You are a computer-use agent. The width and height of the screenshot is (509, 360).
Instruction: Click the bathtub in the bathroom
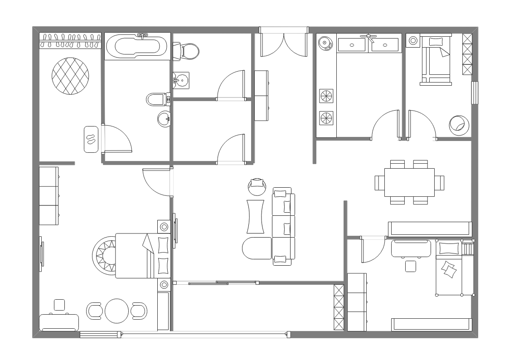[137, 46]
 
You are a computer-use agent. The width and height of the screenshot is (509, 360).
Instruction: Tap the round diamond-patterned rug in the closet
[70, 76]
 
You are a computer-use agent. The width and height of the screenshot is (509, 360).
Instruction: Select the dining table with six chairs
[409, 182]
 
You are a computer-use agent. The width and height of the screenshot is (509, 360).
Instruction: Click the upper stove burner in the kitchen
[326, 96]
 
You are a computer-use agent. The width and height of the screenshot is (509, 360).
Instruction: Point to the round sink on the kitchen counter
[324, 44]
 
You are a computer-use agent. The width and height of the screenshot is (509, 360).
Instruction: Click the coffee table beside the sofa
[256, 216]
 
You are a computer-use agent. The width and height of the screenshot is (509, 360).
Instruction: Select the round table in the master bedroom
[117, 311]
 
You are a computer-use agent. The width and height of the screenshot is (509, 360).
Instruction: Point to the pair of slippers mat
[91, 139]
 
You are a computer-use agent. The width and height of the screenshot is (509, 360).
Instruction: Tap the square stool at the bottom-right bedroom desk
[411, 266]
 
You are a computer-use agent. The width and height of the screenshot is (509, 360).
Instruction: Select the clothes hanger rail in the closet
[70, 40]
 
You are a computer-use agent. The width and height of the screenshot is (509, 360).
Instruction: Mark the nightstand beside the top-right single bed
[414, 40]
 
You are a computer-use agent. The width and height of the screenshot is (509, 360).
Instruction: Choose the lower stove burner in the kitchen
[326, 118]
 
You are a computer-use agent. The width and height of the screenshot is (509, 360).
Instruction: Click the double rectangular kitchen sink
[368, 44]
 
